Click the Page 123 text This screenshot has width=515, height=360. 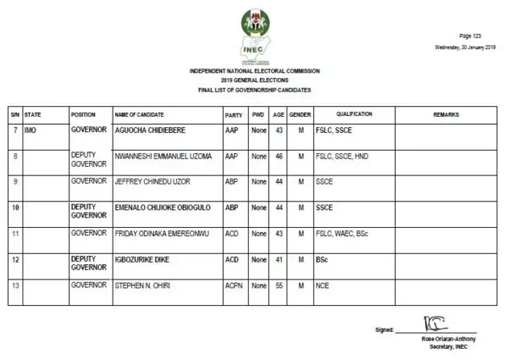[470, 36]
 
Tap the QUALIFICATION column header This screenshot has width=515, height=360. [354, 115]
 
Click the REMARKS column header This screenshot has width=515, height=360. [446, 115]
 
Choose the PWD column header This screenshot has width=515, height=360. [257, 115]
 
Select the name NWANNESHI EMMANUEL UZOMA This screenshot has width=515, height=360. [163, 155]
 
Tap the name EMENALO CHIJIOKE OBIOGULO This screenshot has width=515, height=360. [164, 207]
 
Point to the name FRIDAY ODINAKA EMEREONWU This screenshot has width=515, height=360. [163, 233]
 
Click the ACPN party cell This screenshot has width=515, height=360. [233, 285]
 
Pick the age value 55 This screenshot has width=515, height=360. [279, 285]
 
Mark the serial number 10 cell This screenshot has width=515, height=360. [14, 207]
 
